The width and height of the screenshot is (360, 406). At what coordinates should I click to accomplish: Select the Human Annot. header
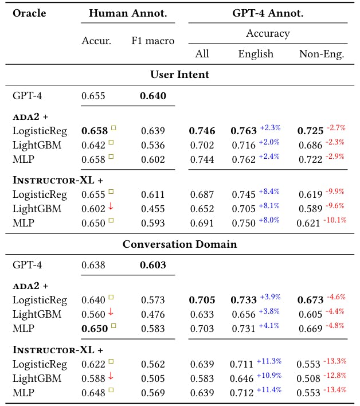tap(127, 13)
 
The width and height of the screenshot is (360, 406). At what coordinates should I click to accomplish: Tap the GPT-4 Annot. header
tap(268, 13)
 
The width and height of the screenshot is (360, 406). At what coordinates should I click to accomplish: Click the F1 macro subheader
tap(152, 41)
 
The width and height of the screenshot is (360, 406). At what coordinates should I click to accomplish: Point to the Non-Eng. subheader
tap(322, 54)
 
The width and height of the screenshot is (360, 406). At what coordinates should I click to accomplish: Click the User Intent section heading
tap(179, 75)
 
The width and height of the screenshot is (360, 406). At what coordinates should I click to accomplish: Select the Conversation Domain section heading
tap(179, 244)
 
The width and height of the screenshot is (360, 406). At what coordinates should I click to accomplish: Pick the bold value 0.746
tap(202, 131)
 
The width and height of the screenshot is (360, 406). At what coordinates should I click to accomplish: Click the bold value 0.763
tap(244, 131)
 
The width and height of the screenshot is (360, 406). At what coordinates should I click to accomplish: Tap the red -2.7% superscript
tap(336, 127)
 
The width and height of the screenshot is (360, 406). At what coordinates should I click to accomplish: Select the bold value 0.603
tap(152, 266)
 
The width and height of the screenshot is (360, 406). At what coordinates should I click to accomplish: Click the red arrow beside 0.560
tap(111, 313)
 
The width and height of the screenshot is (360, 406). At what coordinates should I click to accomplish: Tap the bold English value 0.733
tap(244, 300)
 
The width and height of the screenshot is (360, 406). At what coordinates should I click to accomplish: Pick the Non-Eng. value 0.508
tap(309, 378)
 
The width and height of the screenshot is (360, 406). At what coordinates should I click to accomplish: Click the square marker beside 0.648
tap(111, 390)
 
